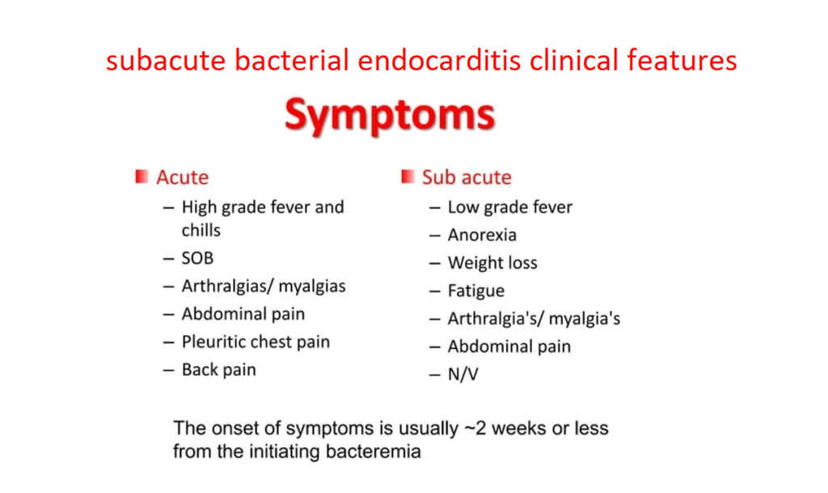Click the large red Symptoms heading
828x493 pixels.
point(389,115)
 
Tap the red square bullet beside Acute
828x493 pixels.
point(142,176)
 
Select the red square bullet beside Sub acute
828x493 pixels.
point(408,176)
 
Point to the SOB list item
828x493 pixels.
point(197,259)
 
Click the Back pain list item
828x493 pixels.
point(218,370)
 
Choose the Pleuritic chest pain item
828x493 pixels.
point(256,342)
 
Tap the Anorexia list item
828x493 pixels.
point(482,236)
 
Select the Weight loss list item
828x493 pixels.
point(492,263)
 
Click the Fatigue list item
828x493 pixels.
point(476,291)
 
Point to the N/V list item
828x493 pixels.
point(463,375)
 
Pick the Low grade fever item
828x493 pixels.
point(509,207)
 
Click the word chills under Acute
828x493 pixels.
point(201,231)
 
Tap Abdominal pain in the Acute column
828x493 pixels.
point(243,314)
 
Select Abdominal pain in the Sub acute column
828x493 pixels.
point(509,346)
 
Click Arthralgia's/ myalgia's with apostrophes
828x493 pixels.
point(534,319)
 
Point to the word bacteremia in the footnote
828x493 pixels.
point(374,451)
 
